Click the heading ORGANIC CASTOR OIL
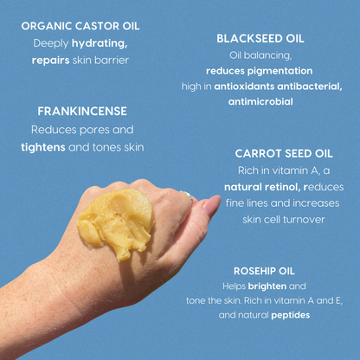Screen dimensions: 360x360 tap(80, 26)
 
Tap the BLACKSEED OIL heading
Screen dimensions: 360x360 tap(260, 39)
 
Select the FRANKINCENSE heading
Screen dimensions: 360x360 tap(82, 112)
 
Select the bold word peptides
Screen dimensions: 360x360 tap(289, 315)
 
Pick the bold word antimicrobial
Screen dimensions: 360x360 tap(260, 101)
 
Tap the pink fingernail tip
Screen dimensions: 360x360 tap(210, 204)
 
